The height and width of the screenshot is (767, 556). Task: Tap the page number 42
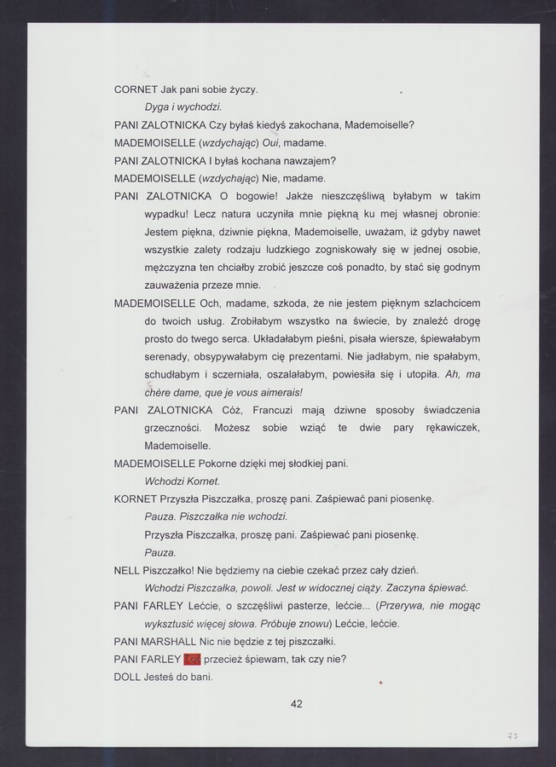(297, 704)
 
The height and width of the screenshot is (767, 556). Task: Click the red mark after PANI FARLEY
(193, 659)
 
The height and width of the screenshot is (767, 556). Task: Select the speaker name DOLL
(128, 677)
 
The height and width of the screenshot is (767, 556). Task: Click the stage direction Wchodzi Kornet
(182, 481)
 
